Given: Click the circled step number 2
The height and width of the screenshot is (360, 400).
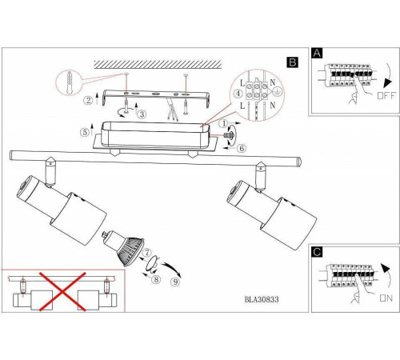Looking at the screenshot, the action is tap(88, 100).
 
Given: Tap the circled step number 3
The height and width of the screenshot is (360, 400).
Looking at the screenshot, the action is tap(142, 114).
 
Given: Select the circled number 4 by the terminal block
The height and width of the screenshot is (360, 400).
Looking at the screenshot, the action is tap(238, 94).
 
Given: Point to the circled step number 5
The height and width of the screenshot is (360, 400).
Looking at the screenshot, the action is tap(85, 132).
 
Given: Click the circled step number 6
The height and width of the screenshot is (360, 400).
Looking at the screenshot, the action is tap(242, 148).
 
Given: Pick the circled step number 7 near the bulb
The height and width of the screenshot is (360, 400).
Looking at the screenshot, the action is tap(147, 253).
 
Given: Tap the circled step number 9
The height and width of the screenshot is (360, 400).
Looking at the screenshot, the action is tap(175, 282).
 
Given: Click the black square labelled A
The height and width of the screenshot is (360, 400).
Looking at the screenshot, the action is tap(317, 53).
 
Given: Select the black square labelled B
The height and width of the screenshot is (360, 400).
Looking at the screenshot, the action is tap(293, 62).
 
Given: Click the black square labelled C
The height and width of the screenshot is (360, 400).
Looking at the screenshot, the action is tap(317, 252).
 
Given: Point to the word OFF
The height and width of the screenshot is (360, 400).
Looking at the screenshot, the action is tap(386, 95).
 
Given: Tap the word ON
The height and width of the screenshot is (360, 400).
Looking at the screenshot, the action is tap(386, 298).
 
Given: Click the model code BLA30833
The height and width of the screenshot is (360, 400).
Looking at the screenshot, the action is tap(262, 299).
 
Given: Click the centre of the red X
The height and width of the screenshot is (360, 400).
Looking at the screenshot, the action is tap(62, 291).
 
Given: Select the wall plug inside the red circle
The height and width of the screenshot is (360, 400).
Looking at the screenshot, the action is tap(70, 82).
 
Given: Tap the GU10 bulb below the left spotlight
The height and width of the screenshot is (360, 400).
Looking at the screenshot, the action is tap(123, 247).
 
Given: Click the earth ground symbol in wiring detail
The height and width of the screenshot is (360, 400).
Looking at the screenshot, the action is tap(277, 93).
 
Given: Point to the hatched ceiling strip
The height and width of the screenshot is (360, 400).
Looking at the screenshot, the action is tap(158, 64).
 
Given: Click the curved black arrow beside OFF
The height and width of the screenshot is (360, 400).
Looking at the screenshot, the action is tap(389, 76).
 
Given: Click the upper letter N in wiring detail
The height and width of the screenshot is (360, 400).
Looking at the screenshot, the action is tap(272, 82).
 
